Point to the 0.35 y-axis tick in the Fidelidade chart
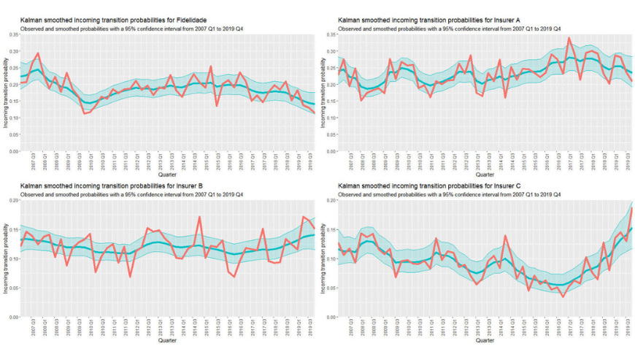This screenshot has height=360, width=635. pos(14,34)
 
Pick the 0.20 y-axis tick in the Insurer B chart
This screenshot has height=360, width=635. pos(14,200)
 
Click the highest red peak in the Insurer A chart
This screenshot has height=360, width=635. pos(569,38)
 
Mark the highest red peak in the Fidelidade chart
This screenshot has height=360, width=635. pos(38,53)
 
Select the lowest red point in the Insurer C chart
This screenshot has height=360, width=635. pos(562,296)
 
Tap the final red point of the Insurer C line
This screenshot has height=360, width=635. pos(631,208)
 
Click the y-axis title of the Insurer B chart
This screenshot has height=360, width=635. pos(5,258)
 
